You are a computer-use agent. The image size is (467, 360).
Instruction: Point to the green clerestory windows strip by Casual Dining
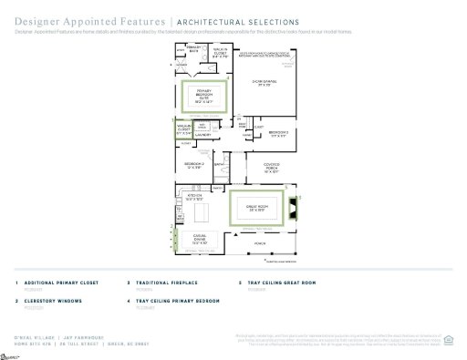click(174, 242)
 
